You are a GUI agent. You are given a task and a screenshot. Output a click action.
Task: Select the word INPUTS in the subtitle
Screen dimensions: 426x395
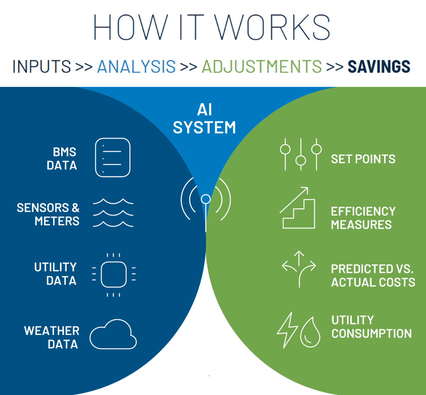coord(41,66)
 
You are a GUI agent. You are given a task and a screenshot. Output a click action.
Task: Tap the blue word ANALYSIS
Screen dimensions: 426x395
coord(136,66)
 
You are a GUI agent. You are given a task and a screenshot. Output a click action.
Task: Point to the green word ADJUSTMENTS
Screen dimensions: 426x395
coord(262,66)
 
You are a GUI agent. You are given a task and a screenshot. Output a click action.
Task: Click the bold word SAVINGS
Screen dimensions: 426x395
coord(379,66)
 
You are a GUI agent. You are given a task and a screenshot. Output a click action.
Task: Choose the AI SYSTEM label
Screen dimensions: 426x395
coord(204,118)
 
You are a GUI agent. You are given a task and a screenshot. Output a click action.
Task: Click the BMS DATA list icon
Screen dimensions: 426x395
coord(112,158)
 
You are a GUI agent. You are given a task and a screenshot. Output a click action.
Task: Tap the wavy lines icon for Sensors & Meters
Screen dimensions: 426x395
coord(113,213)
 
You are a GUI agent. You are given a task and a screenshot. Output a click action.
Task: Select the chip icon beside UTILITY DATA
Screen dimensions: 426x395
coord(114,275)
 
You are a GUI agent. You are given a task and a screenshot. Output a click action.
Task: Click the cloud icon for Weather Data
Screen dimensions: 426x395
coord(113,334)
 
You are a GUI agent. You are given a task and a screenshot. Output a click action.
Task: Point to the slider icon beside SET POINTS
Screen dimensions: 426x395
coord(301,154)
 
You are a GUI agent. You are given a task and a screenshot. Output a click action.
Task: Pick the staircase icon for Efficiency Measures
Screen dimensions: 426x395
coord(298,208)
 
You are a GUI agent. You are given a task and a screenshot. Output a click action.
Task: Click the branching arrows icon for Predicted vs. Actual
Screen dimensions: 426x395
coord(299,269)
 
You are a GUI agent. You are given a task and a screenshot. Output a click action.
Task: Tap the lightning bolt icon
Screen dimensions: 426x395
coord(287,330)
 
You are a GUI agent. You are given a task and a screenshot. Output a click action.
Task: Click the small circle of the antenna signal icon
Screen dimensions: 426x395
coord(206,199)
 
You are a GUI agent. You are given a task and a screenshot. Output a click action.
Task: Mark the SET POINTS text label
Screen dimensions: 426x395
coord(363,159)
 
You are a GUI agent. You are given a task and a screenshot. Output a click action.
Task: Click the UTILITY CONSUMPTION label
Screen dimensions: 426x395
coord(372,327)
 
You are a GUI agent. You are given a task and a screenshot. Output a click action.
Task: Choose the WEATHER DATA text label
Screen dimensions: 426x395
coord(52,338)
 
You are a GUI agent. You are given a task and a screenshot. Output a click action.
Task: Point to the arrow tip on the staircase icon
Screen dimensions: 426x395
coord(308,188)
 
